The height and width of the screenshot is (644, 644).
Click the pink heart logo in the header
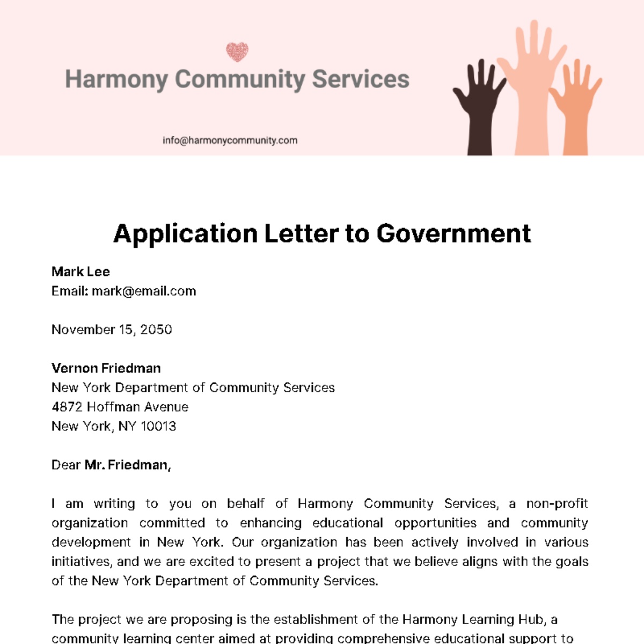tap(237, 52)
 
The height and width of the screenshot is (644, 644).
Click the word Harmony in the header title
tap(116, 79)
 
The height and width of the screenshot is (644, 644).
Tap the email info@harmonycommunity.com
tap(230, 141)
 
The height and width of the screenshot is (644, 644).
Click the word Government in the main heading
tap(453, 234)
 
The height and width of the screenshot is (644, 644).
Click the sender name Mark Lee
tap(80, 272)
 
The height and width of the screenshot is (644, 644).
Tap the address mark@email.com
tap(144, 291)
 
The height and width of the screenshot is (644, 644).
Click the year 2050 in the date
tap(156, 330)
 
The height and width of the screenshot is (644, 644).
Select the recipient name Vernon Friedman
tap(106, 368)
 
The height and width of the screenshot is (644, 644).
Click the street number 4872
tap(67, 407)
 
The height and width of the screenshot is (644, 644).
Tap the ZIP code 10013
tap(158, 426)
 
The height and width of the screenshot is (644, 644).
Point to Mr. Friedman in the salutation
tap(127, 465)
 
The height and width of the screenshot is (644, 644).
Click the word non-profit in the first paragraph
tap(557, 503)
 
